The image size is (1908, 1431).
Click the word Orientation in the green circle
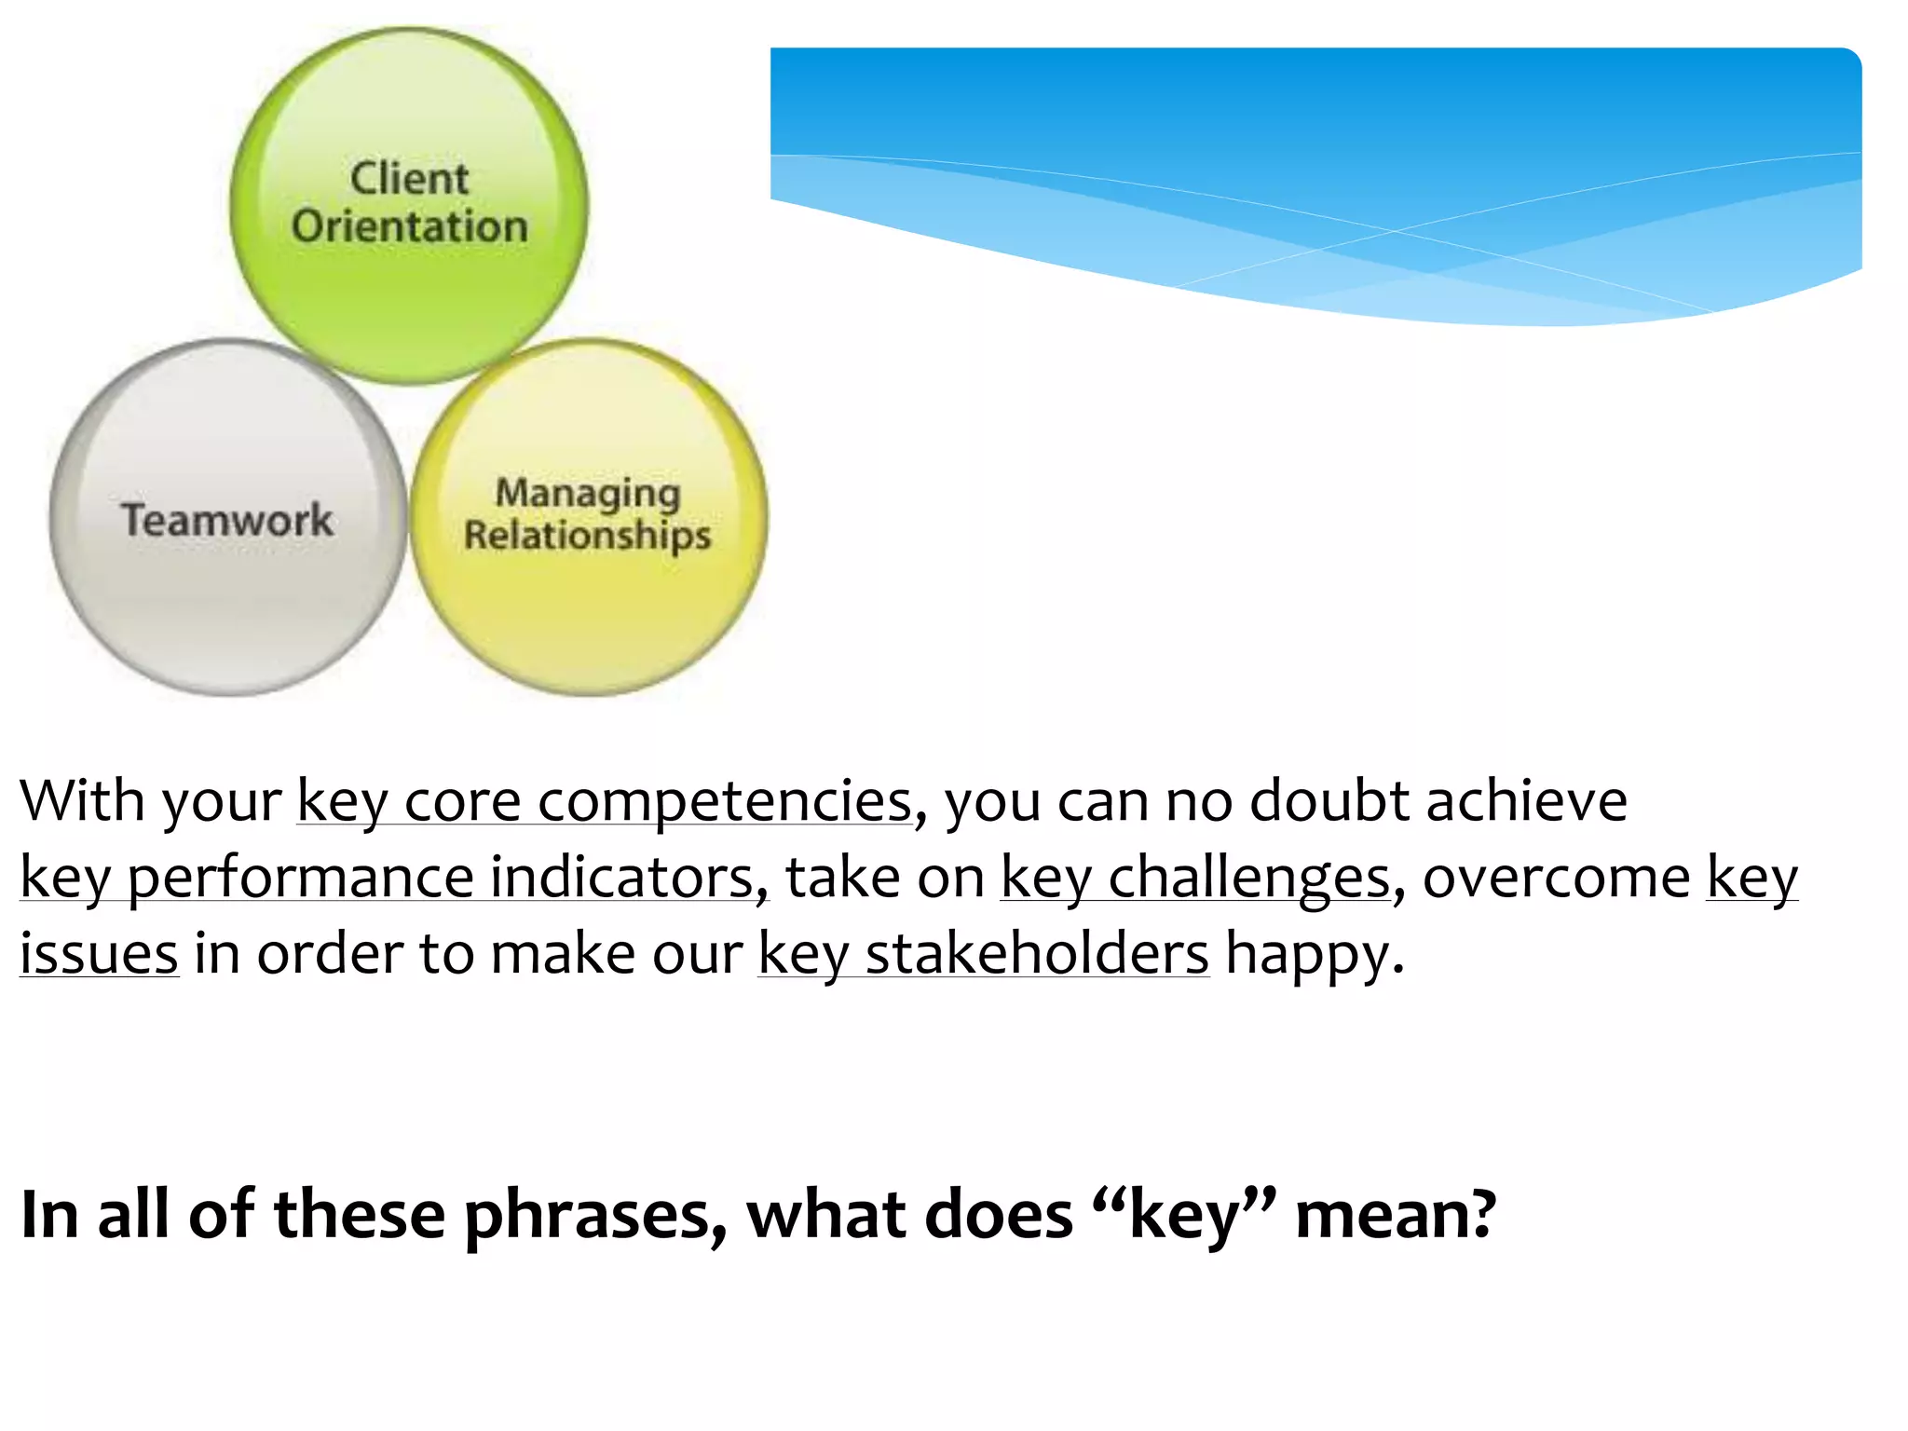pos(409,226)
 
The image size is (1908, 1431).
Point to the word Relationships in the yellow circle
pos(587,536)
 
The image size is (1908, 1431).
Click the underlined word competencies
pos(725,801)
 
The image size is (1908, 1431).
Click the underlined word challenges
pos(1248,878)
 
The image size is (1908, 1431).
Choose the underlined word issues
pos(99,954)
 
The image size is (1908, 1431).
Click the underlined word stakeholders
pos(1036,954)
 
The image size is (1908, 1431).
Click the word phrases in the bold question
pos(594,1216)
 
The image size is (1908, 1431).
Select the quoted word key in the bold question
pos(1183,1216)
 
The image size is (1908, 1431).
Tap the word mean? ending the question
pos(1395,1216)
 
